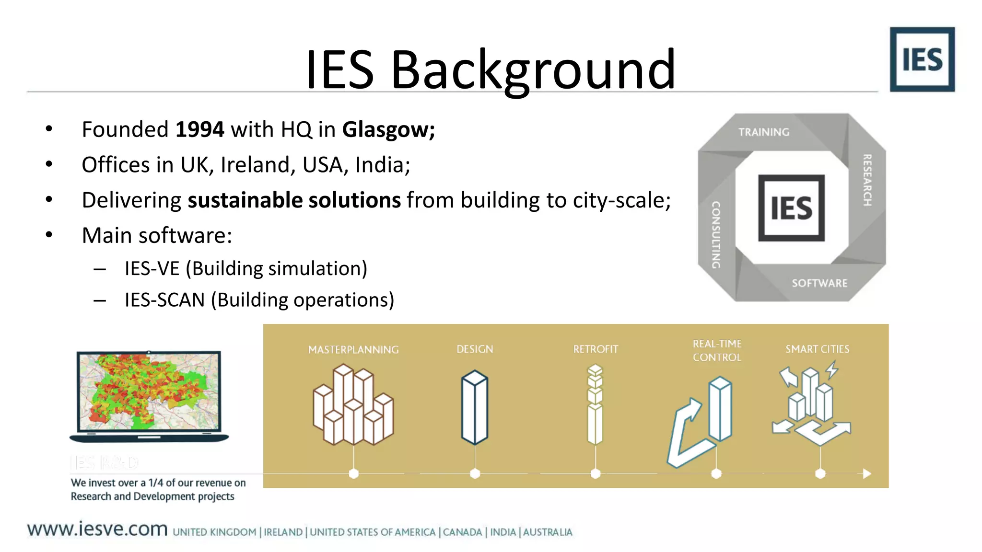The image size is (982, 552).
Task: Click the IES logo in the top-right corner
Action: coord(922,59)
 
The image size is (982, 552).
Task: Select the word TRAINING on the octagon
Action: coord(763,132)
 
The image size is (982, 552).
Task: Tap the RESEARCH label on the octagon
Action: coord(867,180)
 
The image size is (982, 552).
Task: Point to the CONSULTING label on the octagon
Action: coord(716,234)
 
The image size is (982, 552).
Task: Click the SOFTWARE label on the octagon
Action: coord(819,283)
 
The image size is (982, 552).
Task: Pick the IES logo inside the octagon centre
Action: coord(791,208)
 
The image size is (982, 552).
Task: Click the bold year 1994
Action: coord(199,129)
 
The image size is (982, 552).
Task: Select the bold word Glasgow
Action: coord(388,129)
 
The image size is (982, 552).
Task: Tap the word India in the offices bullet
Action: coord(382,165)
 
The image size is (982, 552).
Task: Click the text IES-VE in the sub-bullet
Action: coord(152,268)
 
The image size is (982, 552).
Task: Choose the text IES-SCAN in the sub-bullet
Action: coord(164,300)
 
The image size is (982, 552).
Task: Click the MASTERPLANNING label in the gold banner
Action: coord(353,350)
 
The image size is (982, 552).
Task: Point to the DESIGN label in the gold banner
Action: coord(475,349)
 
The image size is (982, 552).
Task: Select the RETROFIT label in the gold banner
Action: coord(596,349)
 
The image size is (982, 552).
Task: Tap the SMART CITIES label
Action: coord(817,349)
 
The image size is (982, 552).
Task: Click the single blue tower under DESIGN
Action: coord(475,407)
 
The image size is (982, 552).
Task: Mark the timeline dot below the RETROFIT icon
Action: coord(596,474)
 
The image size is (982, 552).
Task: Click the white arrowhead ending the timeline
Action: coord(867,474)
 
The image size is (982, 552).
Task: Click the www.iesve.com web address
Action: coord(97,529)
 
